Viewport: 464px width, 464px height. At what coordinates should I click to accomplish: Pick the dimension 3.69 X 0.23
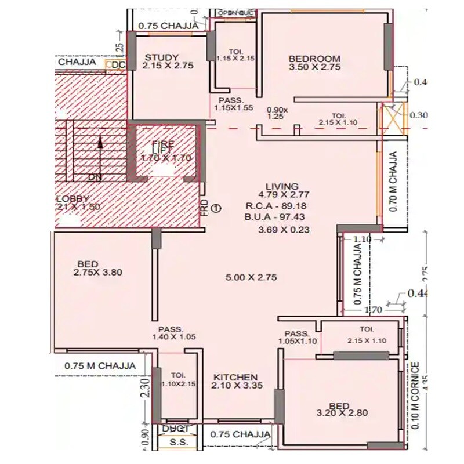click(284, 230)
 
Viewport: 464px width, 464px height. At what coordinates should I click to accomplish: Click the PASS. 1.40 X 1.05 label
click(171, 332)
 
